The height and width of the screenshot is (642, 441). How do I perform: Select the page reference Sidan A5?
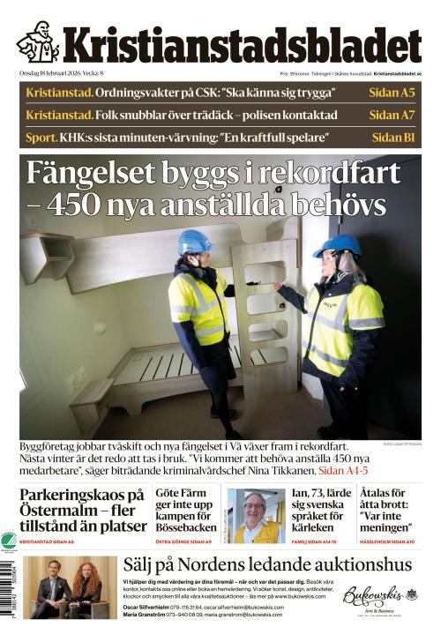392,93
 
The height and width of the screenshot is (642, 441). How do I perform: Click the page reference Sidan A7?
392,115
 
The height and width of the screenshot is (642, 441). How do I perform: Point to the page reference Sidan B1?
393,138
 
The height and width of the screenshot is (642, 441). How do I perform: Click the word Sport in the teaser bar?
41,138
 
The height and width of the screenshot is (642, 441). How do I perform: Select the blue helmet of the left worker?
193,242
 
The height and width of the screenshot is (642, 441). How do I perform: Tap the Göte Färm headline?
186,509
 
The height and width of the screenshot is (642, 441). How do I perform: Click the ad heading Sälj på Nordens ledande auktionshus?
267,565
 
